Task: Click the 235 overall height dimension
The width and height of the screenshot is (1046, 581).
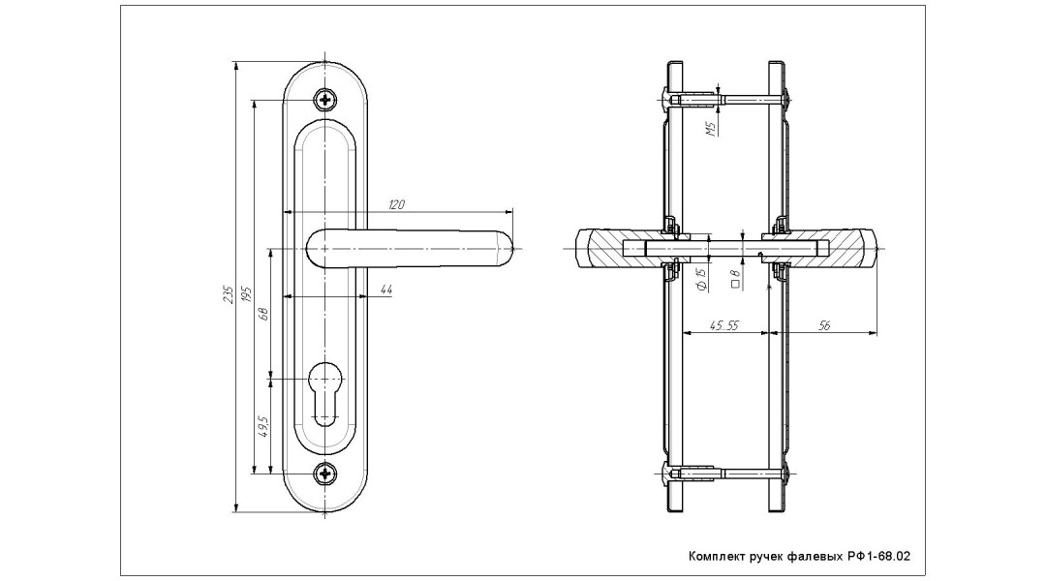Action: (226, 292)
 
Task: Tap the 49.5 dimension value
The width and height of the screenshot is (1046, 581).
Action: (262, 426)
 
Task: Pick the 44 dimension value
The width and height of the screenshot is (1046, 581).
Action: (385, 290)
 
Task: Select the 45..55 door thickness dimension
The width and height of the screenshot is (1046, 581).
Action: (723, 326)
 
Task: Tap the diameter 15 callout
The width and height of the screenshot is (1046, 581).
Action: (700, 282)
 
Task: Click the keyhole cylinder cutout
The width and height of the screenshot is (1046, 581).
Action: (327, 391)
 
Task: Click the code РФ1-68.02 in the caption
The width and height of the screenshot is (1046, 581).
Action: (875, 557)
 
